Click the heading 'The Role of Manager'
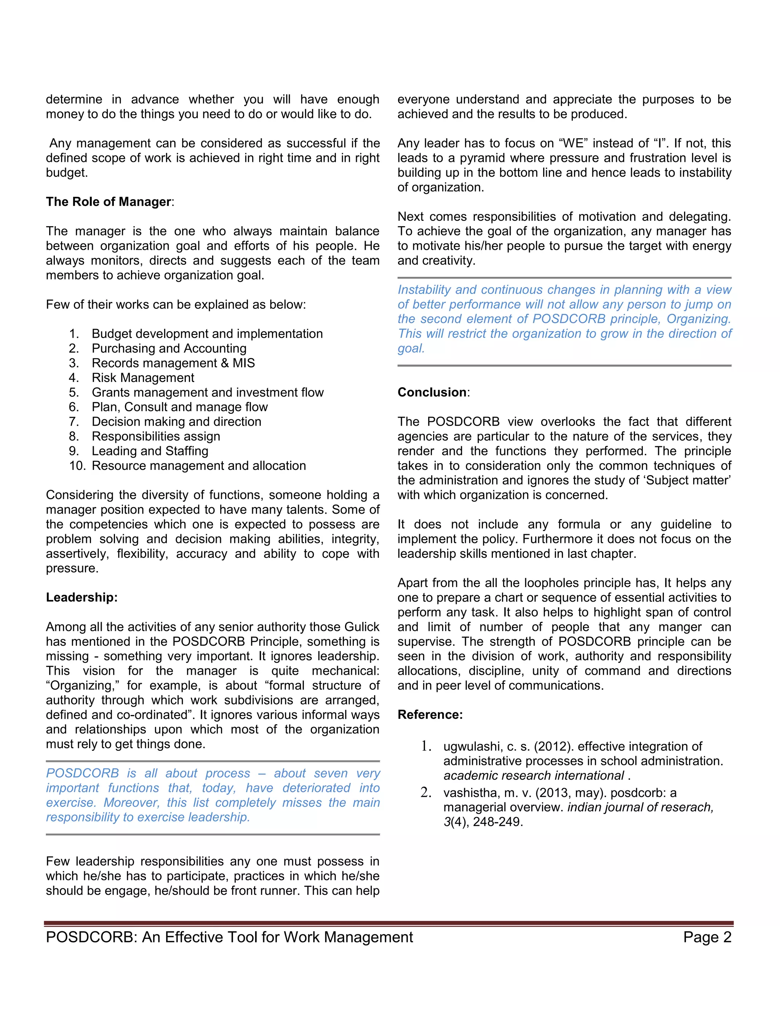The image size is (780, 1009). coord(109,202)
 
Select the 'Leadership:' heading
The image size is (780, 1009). coord(82,597)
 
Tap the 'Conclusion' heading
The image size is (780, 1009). coord(432,392)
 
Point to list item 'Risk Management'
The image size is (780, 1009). coord(143,378)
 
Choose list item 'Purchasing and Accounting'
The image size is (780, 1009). coord(169,348)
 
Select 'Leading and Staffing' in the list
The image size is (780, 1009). coord(150,451)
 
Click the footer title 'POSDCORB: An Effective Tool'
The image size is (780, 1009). coord(229,937)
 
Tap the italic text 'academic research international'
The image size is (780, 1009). coord(533,776)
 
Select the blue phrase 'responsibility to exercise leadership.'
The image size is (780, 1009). coord(148,817)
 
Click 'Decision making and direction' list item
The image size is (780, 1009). coord(176,422)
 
